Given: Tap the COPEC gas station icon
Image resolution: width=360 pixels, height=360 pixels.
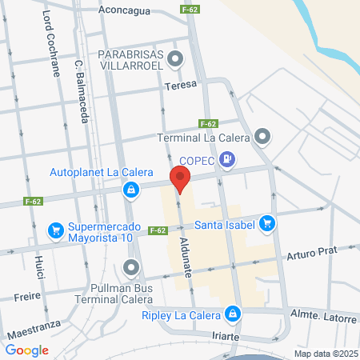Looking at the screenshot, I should [x=230, y=158].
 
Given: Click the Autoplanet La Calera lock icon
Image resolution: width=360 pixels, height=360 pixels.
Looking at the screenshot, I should [x=130, y=190].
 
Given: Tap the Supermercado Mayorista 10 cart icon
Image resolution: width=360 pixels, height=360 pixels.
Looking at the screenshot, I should [x=56, y=230].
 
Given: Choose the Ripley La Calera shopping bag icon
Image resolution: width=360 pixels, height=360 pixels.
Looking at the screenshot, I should [x=233, y=313].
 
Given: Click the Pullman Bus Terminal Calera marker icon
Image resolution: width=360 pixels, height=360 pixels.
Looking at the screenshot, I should [x=132, y=267].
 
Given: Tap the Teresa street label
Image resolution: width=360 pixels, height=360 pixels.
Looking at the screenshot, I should [x=180, y=85].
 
